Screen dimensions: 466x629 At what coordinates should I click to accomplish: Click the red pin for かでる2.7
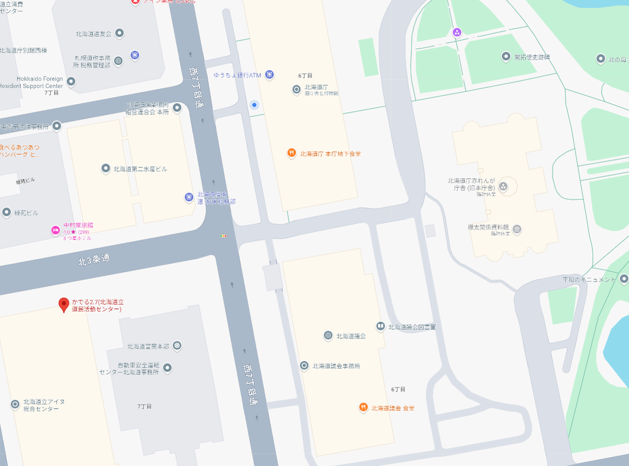[x=64, y=304]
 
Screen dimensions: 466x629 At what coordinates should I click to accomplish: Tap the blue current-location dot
[x=254, y=104]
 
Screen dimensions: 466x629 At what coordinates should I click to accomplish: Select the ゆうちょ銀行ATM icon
[x=269, y=75]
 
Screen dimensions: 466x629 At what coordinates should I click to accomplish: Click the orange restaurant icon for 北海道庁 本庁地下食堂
[x=291, y=153]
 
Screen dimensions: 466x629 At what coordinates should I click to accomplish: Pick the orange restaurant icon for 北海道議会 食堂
[x=363, y=407]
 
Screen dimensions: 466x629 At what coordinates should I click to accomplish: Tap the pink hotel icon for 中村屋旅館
[x=55, y=230]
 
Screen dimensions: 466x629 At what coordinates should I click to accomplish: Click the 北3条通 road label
[x=94, y=260]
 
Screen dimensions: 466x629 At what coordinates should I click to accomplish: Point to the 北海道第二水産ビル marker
[x=105, y=168]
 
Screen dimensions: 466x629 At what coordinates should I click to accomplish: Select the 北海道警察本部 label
[x=148, y=346]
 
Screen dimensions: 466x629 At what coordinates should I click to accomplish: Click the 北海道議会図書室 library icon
[x=380, y=326]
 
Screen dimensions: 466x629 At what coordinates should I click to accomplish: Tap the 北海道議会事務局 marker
[x=305, y=365]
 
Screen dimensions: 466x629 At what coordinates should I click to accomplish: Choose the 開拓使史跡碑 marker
[x=506, y=56]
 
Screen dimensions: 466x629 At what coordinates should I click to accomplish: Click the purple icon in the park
[x=456, y=32]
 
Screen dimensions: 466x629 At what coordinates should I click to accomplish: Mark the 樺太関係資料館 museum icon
[x=517, y=230]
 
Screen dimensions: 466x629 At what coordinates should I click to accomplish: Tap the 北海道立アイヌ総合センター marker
[x=15, y=404]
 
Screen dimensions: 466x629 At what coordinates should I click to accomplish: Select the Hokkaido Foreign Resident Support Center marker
[x=71, y=82]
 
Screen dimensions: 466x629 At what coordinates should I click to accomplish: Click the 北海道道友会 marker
[x=120, y=33]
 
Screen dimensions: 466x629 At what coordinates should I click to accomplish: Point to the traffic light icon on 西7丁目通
[x=224, y=235]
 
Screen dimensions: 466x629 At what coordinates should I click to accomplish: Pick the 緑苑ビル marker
[x=7, y=212]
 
